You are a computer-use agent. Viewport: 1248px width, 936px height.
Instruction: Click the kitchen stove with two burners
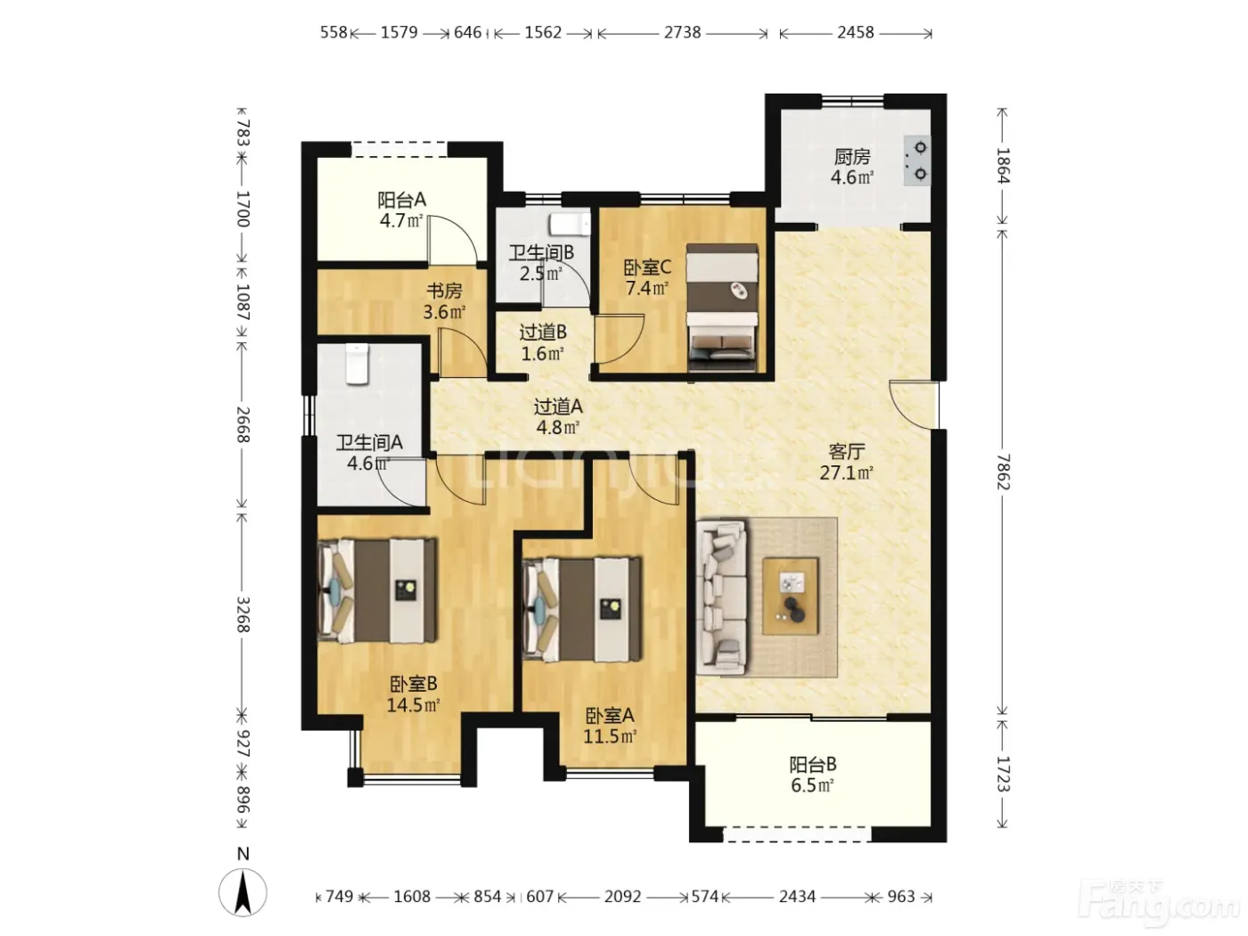tap(916, 160)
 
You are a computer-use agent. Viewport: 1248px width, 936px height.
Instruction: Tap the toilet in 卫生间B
tap(571, 225)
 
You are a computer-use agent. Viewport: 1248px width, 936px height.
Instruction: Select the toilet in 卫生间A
tap(357, 364)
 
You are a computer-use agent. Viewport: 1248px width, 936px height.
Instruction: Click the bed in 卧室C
tap(722, 308)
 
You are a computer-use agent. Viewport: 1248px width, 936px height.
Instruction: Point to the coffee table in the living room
tap(790, 596)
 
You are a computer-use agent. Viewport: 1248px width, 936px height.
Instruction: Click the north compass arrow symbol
tap(242, 892)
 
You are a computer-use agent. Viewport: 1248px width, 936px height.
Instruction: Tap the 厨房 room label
tap(851, 156)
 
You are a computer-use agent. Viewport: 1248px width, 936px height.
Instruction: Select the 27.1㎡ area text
tap(846, 472)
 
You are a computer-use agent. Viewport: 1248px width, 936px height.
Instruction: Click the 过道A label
tap(558, 406)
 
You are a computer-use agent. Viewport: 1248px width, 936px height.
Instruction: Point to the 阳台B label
tap(812, 764)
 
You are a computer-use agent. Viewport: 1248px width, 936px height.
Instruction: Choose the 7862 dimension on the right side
tap(1004, 472)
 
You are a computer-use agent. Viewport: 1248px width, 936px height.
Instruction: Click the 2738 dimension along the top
tap(682, 32)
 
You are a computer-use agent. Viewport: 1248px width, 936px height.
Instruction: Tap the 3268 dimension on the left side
tap(243, 614)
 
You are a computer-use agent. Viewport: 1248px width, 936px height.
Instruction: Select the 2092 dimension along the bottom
tap(622, 896)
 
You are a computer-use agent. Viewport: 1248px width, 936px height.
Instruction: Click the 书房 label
tap(444, 291)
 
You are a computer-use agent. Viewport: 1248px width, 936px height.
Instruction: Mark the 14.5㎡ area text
tap(414, 705)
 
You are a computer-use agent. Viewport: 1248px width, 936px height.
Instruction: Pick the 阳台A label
tap(402, 200)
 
